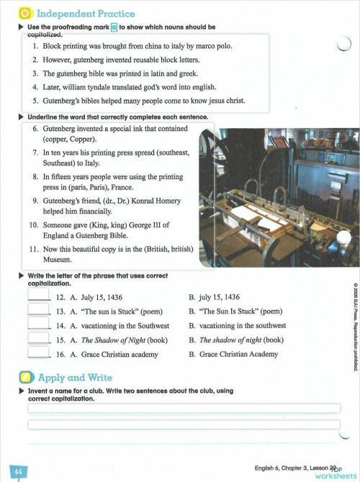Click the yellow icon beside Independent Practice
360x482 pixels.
pyautogui.click(x=24, y=13)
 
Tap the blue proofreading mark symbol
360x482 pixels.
pyautogui.click(x=114, y=27)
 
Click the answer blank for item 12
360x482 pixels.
pyautogui.click(x=37, y=296)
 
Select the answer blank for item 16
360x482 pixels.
pyautogui.click(x=37, y=353)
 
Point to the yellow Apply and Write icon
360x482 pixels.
pyautogui.click(x=26, y=378)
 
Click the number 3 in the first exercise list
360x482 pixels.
pyautogui.click(x=35, y=73)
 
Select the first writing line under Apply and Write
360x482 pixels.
pyautogui.click(x=184, y=408)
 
